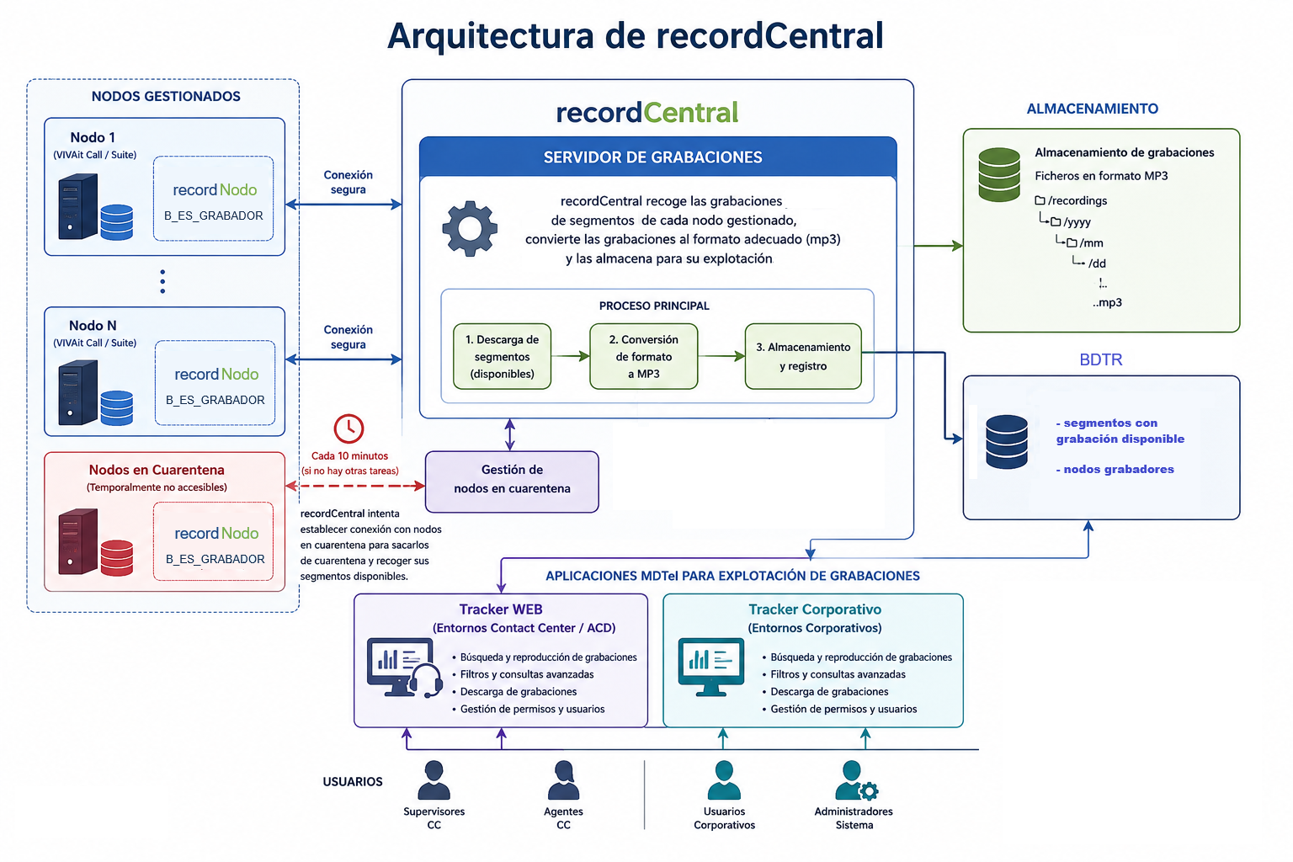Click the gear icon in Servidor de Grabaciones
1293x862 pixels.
coord(470,229)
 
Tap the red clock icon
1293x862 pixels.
coord(349,428)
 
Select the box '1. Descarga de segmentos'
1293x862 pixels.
coord(502,356)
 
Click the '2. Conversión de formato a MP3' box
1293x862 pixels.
coord(644,356)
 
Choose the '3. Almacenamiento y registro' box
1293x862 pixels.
coord(803,356)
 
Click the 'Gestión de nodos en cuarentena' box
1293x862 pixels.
coord(512,482)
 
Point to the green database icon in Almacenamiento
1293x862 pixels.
coord(999,174)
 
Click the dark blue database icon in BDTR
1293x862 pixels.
coord(1007,442)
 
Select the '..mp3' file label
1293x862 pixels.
coord(1107,302)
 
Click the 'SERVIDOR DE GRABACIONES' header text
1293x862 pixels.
coord(653,157)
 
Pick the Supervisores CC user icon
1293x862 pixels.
coord(434,780)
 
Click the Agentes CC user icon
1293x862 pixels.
coord(563,780)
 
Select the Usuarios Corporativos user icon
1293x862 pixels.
coord(724,780)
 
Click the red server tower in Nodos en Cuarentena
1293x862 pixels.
coord(78,541)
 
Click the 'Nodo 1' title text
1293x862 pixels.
coord(93,137)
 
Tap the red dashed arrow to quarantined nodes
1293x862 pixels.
coord(355,487)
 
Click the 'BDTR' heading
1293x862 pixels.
coord(1101,359)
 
